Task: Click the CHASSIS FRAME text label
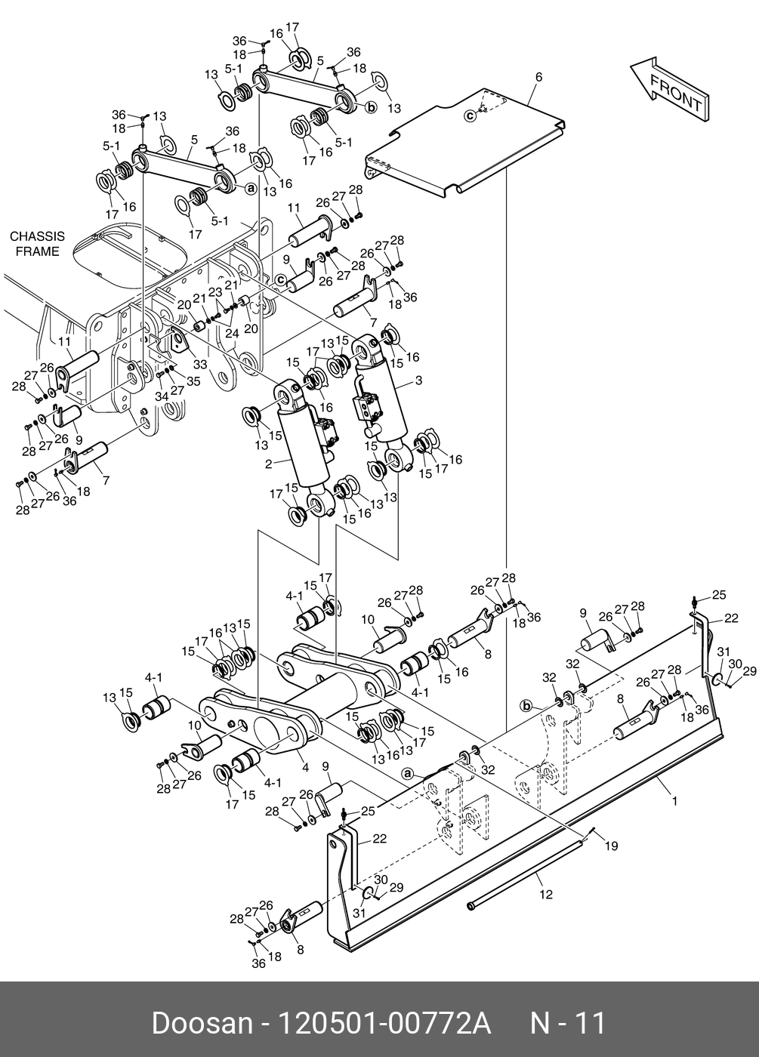tap(37, 244)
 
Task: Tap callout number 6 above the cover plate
tap(538, 76)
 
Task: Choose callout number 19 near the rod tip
tap(611, 846)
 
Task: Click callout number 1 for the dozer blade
tap(675, 801)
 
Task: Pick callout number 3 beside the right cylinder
tap(418, 380)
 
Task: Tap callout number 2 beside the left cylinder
tap(269, 464)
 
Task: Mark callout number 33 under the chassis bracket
tap(200, 364)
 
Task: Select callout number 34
tap(162, 396)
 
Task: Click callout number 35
tap(193, 381)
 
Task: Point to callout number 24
tap(233, 334)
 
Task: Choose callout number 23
tap(215, 292)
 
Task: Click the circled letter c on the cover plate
tap(470, 115)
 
